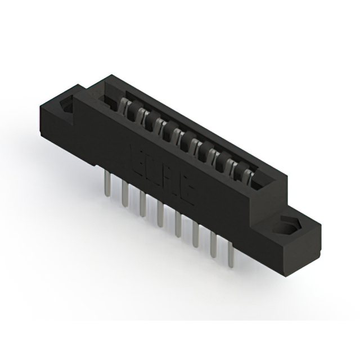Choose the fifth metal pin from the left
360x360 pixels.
[178, 225]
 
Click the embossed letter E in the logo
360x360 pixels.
[137, 157]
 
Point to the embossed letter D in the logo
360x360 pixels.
[153, 167]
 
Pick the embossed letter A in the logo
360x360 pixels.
[170, 179]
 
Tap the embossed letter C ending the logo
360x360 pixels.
[188, 191]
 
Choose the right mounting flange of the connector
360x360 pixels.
[292, 231]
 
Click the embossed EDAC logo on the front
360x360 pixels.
[162, 174]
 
